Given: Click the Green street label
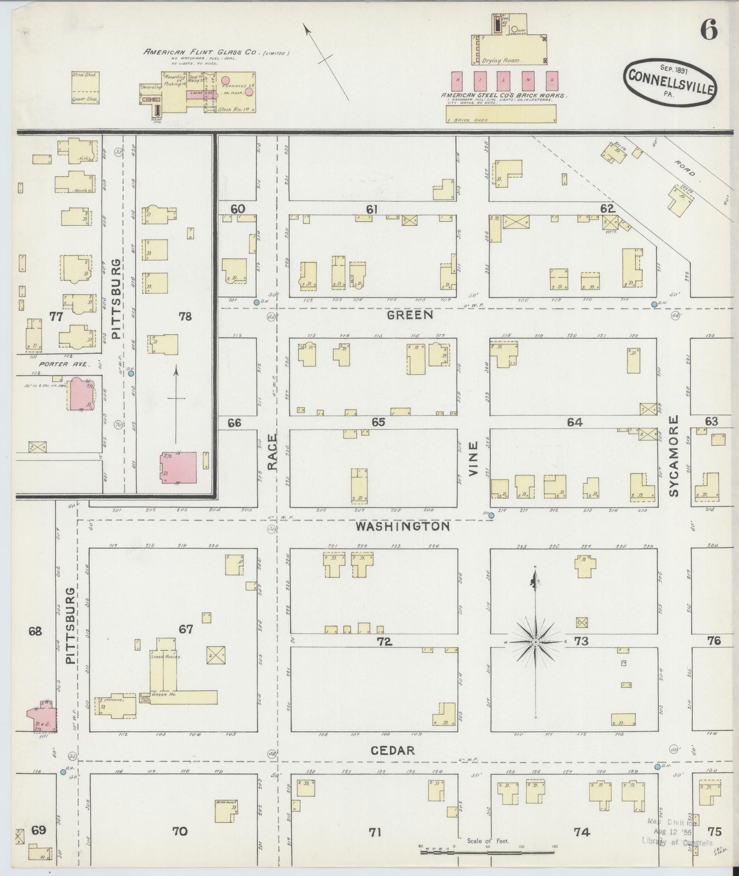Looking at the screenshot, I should (x=410, y=315).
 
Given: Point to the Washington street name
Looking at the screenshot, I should (x=403, y=526).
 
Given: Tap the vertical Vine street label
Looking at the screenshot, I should (x=473, y=458).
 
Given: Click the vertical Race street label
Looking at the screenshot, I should (x=272, y=452).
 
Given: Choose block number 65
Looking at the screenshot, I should (x=378, y=423).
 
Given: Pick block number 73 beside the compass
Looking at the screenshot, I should (x=581, y=641).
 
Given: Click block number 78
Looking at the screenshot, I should (x=185, y=316).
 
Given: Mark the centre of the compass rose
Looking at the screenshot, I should (x=535, y=642).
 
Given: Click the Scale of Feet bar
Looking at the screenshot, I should (x=488, y=852).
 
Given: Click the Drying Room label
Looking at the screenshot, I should (x=500, y=60).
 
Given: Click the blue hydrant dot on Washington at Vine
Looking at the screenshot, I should (x=491, y=516).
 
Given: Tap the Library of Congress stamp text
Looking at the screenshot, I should (x=676, y=843).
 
